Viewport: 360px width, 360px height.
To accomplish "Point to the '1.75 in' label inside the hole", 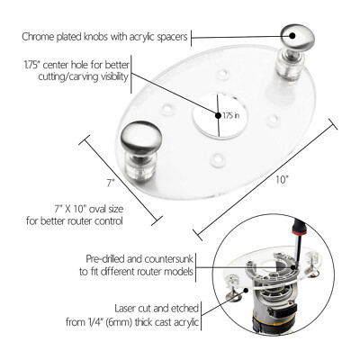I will pos(231,115).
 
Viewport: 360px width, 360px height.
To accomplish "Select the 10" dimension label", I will pos(283,179).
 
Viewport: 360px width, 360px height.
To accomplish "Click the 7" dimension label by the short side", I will pos(109,182).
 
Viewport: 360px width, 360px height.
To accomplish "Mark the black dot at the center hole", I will pos(216,114).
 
